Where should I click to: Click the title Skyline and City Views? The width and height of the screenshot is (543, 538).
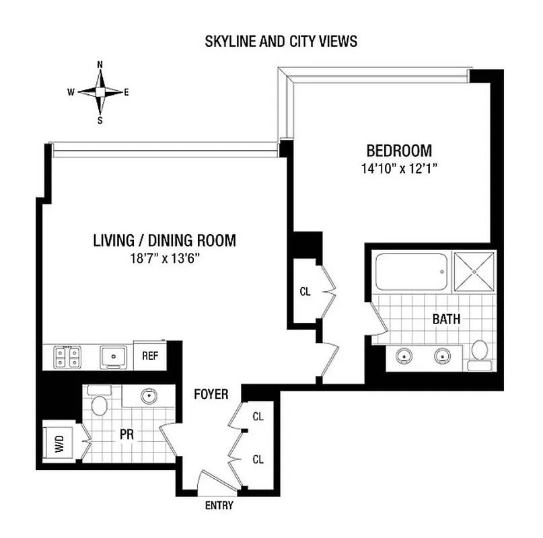281,42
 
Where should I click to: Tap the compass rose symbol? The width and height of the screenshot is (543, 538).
100,93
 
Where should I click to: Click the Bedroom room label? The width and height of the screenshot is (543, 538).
398,150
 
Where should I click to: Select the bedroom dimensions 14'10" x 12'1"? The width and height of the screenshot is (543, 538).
398,169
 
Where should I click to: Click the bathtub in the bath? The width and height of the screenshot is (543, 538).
410,271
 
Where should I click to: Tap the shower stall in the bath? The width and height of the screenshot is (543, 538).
474,271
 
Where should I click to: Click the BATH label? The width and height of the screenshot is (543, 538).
446,319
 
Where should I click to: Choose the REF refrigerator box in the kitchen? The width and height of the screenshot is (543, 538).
149,355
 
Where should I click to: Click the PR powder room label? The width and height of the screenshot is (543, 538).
126,434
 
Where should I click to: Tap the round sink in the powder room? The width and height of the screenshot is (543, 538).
149,396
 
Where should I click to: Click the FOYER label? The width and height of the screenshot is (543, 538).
211,394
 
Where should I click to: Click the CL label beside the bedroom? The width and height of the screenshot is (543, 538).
305,292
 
